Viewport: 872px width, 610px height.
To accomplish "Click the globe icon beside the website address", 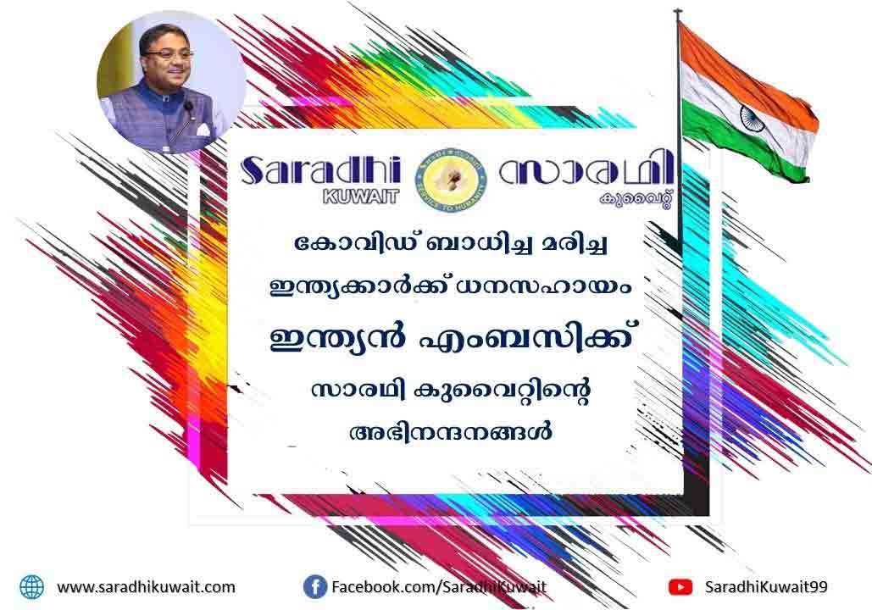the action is (31, 586).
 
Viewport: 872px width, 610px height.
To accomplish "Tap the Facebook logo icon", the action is (314, 586).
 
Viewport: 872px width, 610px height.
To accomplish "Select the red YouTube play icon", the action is (680, 586).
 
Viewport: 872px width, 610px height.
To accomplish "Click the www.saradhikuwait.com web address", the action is (147, 586).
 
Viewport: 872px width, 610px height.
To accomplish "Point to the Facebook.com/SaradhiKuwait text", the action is (439, 586).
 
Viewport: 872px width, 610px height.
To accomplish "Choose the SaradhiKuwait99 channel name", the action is (766, 586).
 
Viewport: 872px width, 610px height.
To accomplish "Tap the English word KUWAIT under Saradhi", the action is (361, 196).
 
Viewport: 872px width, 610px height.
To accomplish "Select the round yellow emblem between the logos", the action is (452, 179).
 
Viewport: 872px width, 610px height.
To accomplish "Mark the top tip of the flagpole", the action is (677, 10).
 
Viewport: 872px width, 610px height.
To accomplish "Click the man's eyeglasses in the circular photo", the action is (166, 55).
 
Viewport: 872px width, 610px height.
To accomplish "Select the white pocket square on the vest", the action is (203, 130).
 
